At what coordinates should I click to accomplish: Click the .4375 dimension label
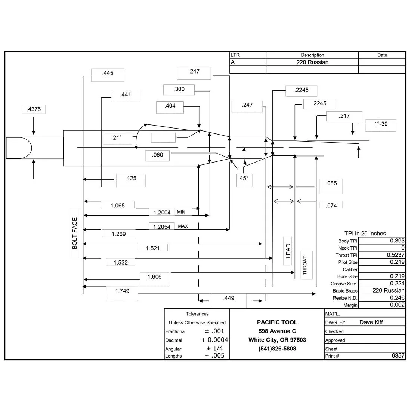click(x=34, y=109)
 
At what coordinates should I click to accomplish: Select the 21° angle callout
click(x=117, y=137)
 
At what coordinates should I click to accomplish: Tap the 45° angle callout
click(x=244, y=178)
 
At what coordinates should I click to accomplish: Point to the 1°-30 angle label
click(x=381, y=124)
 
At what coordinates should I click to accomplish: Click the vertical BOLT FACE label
click(x=75, y=233)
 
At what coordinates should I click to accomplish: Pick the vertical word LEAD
click(x=288, y=251)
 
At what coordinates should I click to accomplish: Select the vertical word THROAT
click(x=305, y=265)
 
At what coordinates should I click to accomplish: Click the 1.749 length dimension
click(x=122, y=291)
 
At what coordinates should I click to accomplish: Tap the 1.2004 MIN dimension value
click(x=162, y=212)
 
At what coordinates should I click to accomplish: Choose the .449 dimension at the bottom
click(x=229, y=298)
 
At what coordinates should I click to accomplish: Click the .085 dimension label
click(x=331, y=183)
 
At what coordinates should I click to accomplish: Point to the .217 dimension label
click(x=344, y=116)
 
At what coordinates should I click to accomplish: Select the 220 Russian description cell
click(x=312, y=62)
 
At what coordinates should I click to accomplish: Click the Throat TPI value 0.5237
click(x=396, y=255)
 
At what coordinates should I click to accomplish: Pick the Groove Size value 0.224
click(x=397, y=283)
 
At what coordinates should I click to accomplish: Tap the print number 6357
click(x=398, y=355)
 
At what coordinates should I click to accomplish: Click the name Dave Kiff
click(x=371, y=322)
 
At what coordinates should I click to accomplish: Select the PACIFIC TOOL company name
click(x=277, y=322)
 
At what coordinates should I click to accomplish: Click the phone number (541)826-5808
click(x=277, y=349)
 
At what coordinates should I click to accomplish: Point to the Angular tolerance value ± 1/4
click(x=215, y=348)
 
